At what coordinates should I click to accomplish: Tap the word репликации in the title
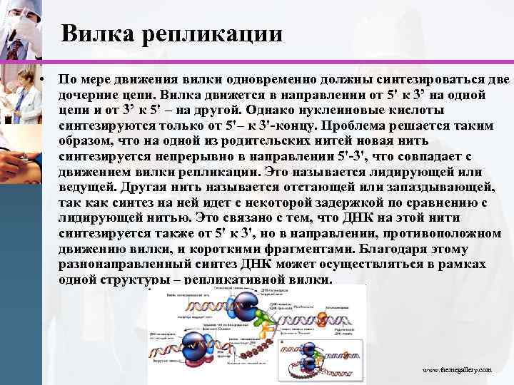click(x=208, y=34)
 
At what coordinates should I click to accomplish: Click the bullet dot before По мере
click(x=44, y=78)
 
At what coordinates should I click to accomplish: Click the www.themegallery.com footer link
click(x=456, y=371)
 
